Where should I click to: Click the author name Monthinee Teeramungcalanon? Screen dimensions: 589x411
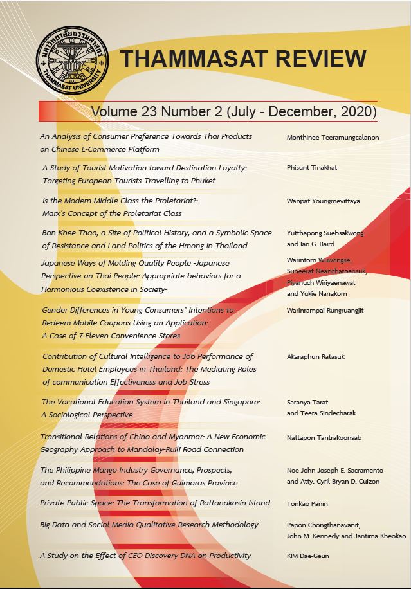332,137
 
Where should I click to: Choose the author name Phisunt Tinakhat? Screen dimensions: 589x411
312,168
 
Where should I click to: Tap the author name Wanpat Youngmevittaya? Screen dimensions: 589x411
323,201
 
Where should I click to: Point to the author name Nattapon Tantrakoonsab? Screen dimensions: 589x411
324,437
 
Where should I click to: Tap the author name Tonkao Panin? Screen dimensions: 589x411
309,503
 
